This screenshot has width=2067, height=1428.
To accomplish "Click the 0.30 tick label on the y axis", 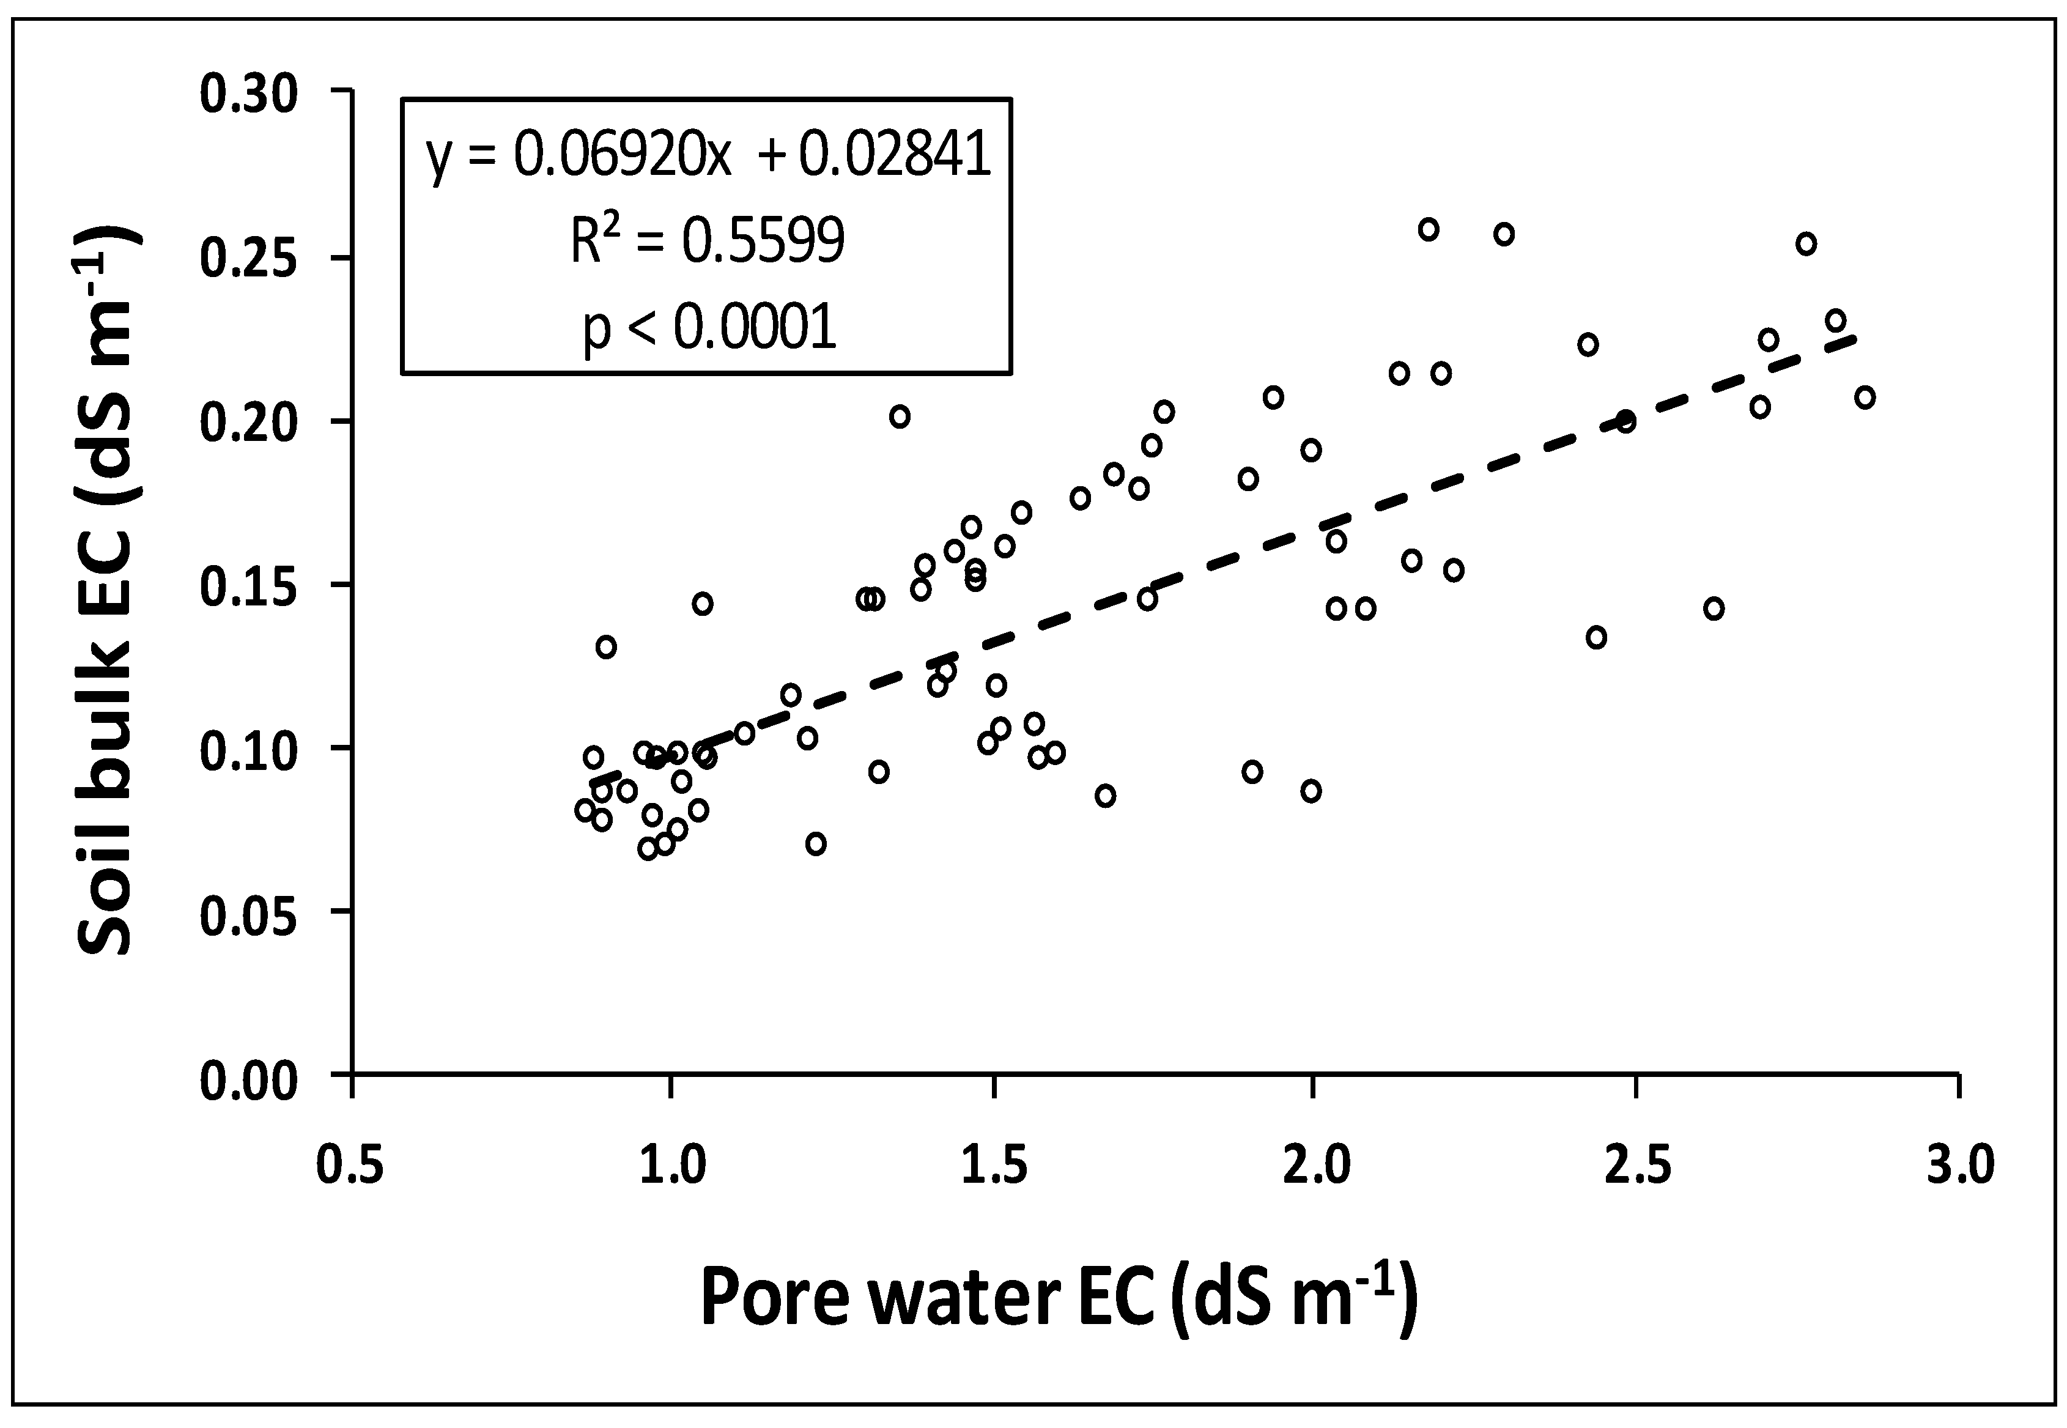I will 248,95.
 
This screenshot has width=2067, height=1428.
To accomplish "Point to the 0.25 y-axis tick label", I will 248,259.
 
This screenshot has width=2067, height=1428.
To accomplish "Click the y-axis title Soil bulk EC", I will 108,591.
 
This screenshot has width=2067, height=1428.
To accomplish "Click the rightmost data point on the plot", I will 1864,398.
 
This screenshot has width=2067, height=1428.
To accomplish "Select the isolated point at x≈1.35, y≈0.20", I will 900,416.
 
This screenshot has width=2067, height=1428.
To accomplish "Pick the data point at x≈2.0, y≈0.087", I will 1311,791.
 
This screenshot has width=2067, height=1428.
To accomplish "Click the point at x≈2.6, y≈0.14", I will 1713,609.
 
